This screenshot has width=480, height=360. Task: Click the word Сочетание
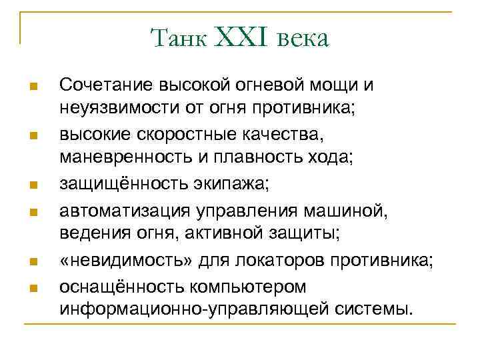[107, 85]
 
